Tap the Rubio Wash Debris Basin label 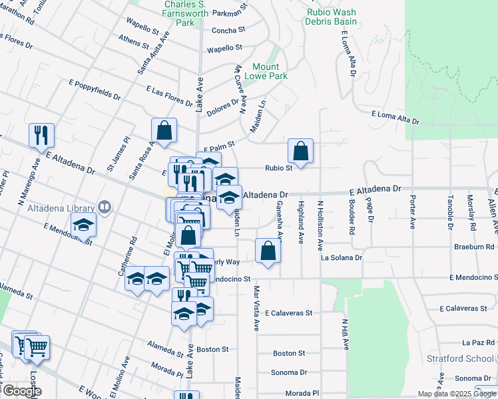(332, 17)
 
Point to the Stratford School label (461, 359)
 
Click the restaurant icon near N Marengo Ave (41, 136)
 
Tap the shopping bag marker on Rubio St (301, 151)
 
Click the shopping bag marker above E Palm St (164, 131)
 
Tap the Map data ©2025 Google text (457, 394)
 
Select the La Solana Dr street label (341, 257)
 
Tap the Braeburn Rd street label (473, 245)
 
